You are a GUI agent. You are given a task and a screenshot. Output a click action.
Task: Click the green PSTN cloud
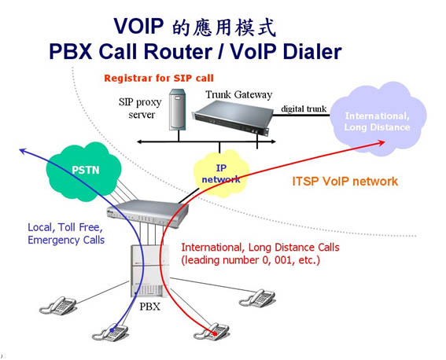(84, 172)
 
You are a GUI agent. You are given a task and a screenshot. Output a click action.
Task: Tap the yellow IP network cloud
(221, 174)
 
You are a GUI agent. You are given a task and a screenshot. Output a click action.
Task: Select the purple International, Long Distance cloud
(378, 119)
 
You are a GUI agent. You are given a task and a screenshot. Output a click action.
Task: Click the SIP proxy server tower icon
(178, 110)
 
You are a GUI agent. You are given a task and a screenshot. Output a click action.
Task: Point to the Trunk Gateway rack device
(232, 117)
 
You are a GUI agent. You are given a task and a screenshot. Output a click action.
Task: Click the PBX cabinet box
(149, 270)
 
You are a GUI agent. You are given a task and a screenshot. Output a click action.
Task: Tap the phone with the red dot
(212, 332)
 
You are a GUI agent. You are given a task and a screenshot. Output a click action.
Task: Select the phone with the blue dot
(110, 332)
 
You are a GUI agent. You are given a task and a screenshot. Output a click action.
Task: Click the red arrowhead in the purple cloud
(381, 142)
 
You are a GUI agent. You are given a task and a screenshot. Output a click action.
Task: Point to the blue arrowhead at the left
(23, 151)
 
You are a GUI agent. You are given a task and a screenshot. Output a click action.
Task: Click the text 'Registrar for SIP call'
(159, 78)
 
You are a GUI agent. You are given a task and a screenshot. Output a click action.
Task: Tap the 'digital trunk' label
(304, 108)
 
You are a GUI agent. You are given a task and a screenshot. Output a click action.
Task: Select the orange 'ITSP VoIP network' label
(345, 182)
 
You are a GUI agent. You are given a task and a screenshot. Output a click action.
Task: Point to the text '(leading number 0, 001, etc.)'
(251, 260)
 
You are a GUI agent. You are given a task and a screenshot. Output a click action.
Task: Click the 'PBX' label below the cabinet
(150, 307)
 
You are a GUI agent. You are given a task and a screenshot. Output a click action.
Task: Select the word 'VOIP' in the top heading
(138, 26)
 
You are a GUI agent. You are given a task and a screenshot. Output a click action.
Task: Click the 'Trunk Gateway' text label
(239, 95)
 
